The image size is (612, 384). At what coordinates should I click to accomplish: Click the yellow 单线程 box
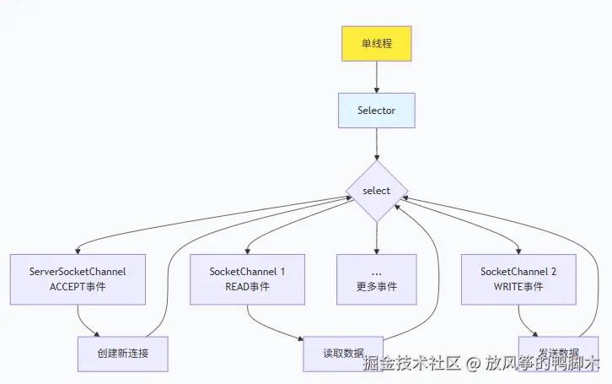(376, 43)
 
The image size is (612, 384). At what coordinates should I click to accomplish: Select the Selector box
(376, 111)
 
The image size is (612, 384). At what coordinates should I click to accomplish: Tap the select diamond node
(376, 191)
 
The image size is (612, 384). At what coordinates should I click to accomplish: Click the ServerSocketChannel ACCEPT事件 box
(77, 279)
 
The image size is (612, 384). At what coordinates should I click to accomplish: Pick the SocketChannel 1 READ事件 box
(247, 279)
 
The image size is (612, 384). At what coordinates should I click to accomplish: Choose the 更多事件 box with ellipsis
(376, 279)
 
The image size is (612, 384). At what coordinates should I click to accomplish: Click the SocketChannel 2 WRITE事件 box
(518, 279)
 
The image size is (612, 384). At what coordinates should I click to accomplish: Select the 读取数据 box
(343, 354)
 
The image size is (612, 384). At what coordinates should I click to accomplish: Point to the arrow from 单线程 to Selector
(376, 77)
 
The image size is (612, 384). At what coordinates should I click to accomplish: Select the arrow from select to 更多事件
(376, 237)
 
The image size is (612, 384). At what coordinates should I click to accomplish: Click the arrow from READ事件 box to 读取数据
(270, 328)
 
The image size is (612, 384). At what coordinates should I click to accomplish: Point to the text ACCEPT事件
(77, 287)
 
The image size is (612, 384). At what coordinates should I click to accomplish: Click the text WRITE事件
(518, 287)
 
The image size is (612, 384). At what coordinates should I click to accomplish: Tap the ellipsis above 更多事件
(376, 272)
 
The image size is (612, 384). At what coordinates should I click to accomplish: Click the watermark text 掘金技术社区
(411, 364)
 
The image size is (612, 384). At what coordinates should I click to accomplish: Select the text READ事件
(247, 287)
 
